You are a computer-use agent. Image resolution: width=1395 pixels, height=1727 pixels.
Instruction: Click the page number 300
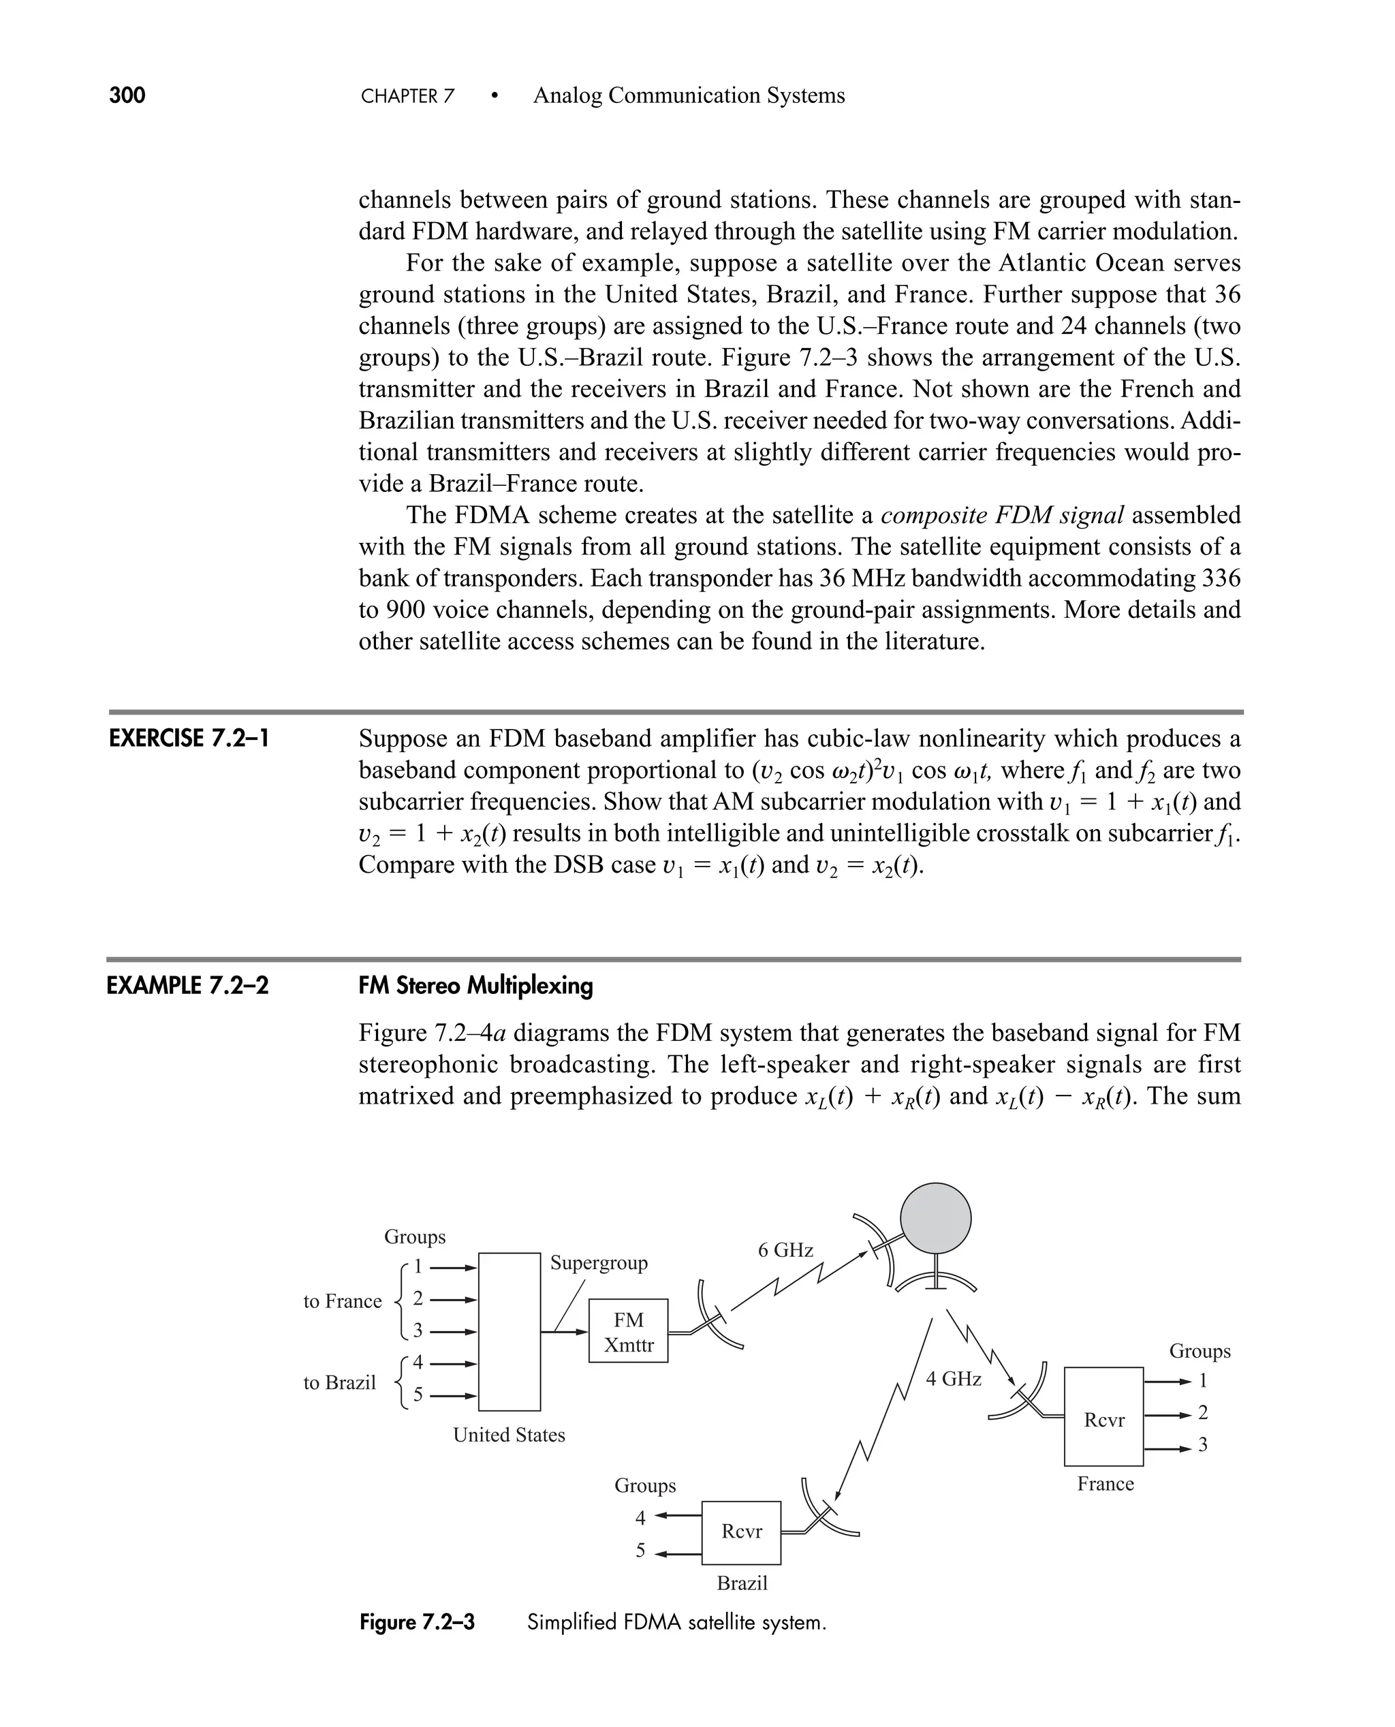pyautogui.click(x=127, y=95)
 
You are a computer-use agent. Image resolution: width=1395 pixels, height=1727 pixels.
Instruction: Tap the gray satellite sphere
pyautogui.click(x=935, y=1218)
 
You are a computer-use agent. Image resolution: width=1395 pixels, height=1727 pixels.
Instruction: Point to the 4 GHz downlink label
pyautogui.click(x=953, y=1379)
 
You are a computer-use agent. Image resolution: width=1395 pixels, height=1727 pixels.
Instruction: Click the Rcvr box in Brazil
pyautogui.click(x=741, y=1531)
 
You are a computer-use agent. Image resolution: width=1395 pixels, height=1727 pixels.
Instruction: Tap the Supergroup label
pyautogui.click(x=599, y=1262)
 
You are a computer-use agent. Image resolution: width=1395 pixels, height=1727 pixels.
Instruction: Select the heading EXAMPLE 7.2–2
pyautogui.click(x=187, y=985)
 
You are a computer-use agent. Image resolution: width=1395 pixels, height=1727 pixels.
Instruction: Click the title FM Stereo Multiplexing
pyautogui.click(x=475, y=985)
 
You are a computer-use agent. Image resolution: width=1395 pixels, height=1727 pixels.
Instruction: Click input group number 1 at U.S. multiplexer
pyautogui.click(x=417, y=1267)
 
